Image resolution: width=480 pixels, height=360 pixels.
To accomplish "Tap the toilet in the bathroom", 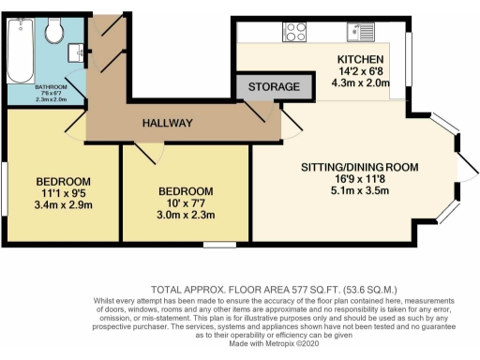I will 55,35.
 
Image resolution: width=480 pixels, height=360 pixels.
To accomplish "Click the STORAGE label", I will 274,87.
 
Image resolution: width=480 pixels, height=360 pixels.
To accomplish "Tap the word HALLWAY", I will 168,123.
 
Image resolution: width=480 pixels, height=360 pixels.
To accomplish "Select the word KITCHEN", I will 360,60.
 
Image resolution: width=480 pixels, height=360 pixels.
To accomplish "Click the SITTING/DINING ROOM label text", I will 359,168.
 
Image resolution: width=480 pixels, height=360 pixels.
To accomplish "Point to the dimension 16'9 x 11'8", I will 359,182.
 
